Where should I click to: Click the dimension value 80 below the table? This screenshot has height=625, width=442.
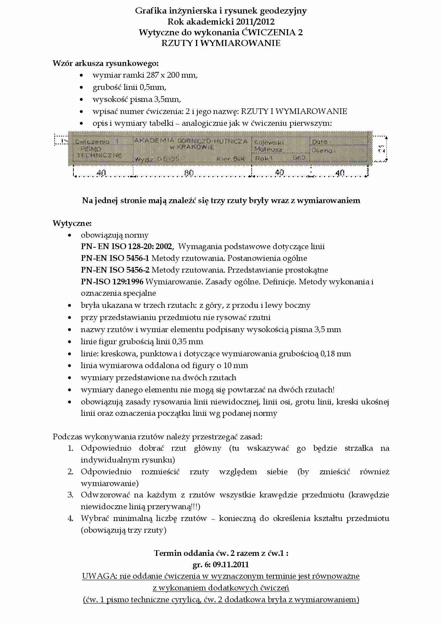point(189,173)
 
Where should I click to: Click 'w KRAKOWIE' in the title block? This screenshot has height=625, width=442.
point(191,147)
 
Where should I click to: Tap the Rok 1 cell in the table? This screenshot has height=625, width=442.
point(264,158)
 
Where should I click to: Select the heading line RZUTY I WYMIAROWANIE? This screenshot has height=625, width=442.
point(221,43)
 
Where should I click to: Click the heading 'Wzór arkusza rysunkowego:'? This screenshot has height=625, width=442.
point(106,63)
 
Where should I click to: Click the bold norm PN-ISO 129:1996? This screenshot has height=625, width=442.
point(112,282)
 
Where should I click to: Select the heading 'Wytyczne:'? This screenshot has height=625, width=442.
point(72,223)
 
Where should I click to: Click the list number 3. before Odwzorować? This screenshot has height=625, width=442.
point(71,495)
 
